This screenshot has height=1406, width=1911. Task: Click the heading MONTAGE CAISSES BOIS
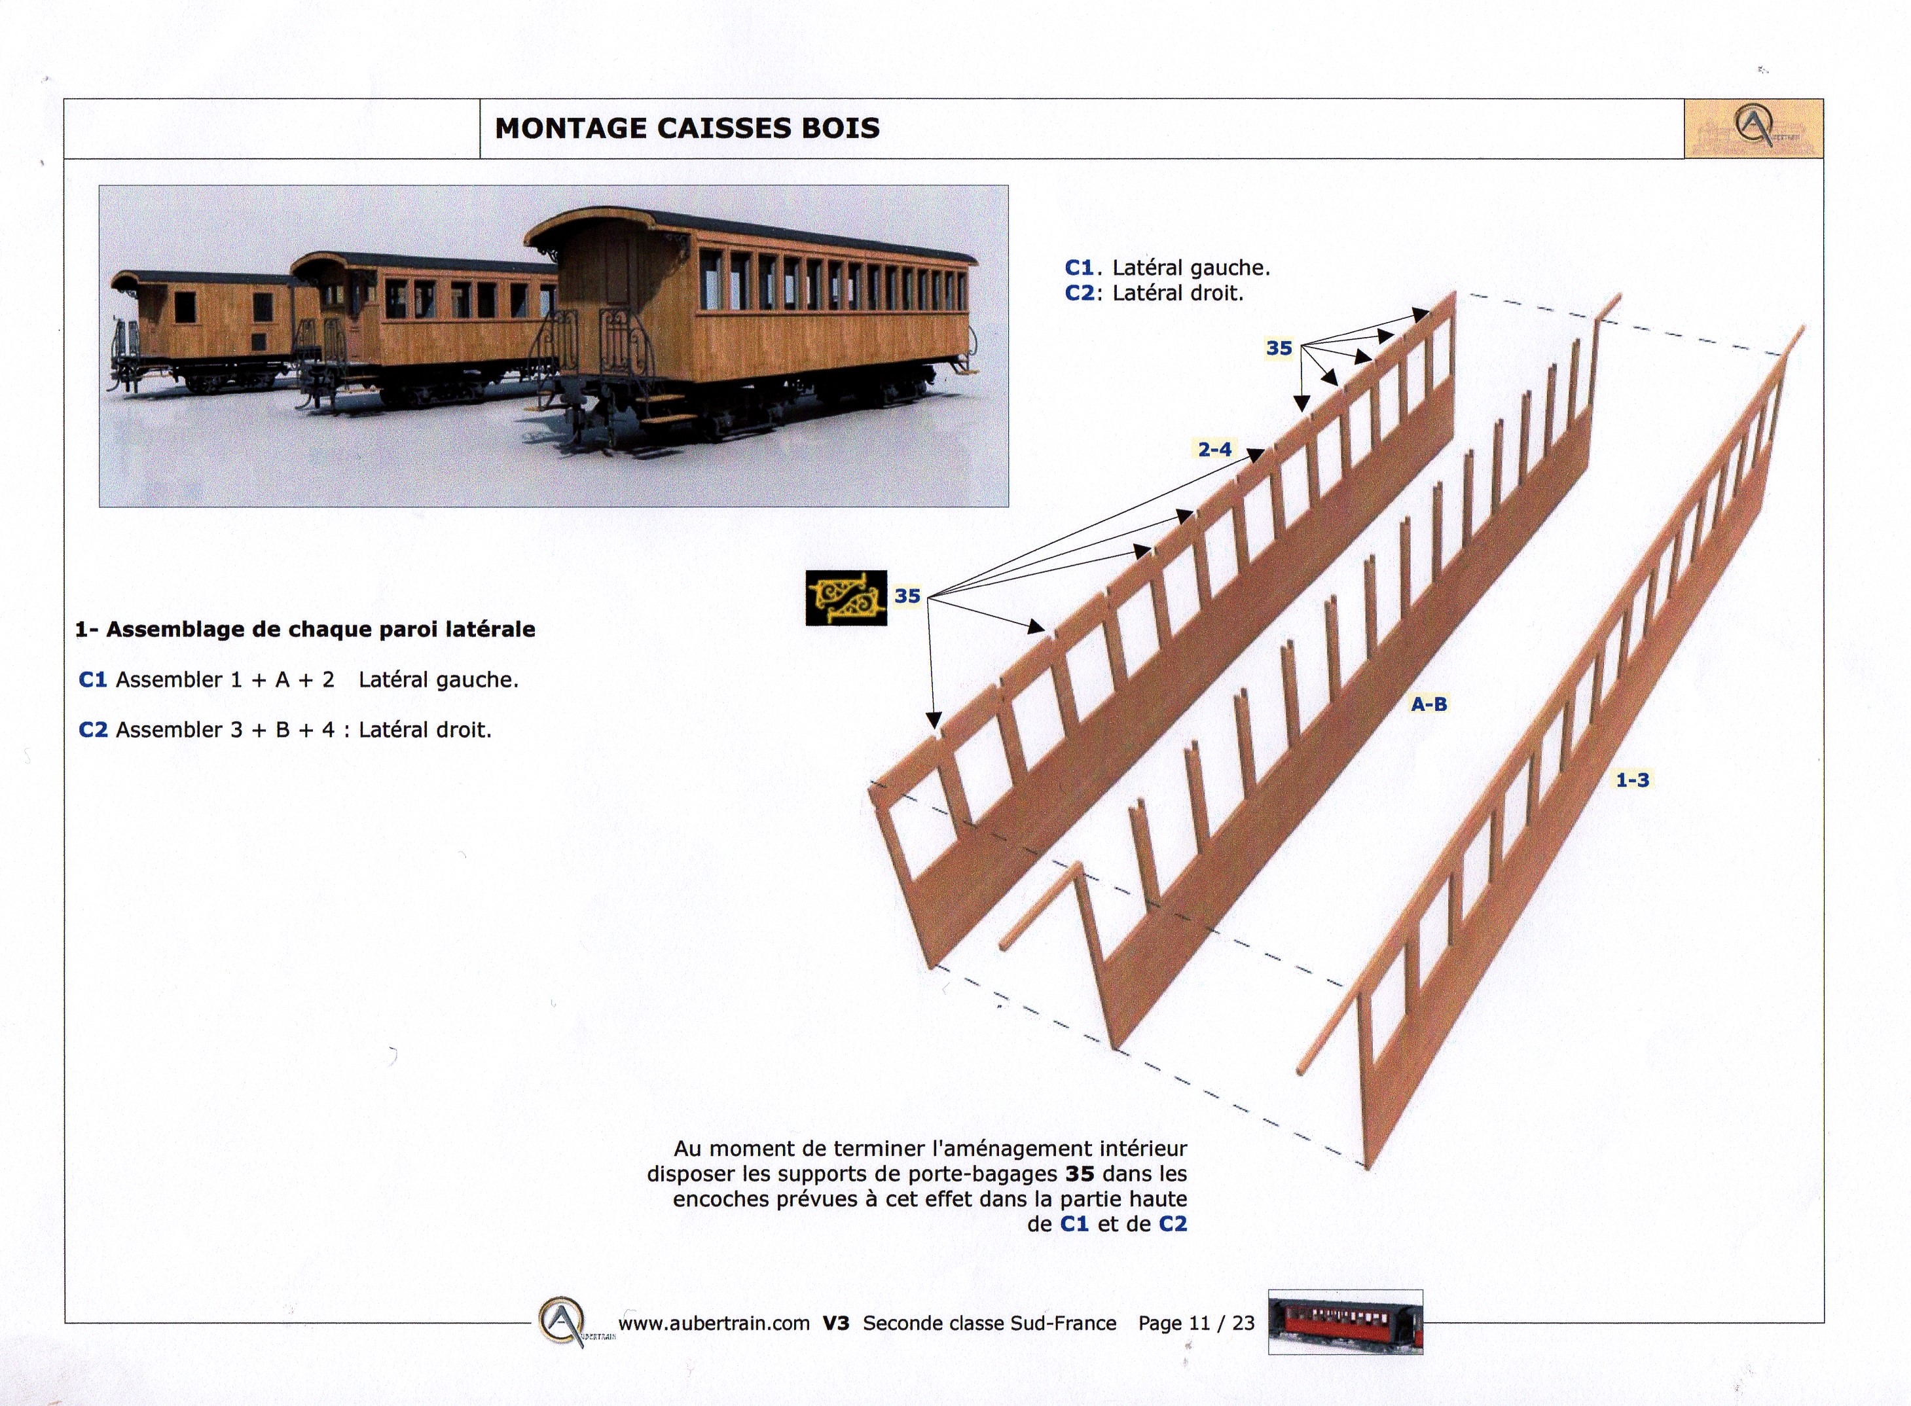coord(687,128)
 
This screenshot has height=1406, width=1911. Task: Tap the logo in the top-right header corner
coord(1753,128)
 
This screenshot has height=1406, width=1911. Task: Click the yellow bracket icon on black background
coord(846,598)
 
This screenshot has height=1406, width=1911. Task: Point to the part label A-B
coord(1429,704)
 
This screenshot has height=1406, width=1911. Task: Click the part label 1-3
coord(1633,780)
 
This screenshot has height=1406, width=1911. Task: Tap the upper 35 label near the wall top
coord(1279,348)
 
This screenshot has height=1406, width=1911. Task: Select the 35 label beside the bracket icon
coord(907,596)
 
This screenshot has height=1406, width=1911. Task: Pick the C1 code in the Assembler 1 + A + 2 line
coord(93,680)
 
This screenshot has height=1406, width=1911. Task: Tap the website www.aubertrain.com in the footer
coord(714,1324)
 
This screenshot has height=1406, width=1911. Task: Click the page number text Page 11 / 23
coord(1197,1323)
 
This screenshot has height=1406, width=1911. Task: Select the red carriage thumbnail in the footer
coord(1345,1322)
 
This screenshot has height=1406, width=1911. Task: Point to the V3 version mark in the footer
coord(836,1323)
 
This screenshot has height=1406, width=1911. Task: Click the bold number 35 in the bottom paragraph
coord(1080,1174)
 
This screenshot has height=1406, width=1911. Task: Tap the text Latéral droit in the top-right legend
coord(1177,293)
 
